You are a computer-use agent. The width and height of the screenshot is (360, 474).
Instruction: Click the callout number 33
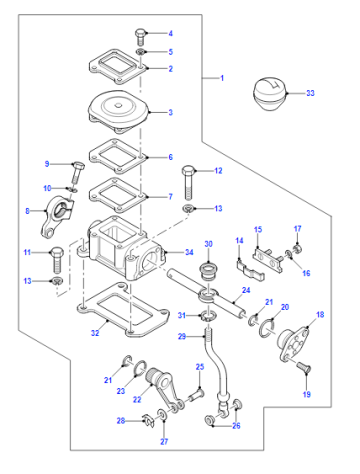coord(310,93)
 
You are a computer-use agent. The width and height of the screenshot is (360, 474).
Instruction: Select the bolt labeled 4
coord(140,37)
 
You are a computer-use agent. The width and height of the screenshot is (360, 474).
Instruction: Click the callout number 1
coord(222,78)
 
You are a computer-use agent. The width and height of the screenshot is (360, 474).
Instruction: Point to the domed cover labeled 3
coord(118,111)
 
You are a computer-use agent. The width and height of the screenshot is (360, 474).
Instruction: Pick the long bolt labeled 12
coord(188,183)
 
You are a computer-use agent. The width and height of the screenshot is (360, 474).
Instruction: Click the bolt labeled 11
coord(57,260)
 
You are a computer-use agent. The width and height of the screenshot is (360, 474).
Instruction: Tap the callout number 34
coord(189,252)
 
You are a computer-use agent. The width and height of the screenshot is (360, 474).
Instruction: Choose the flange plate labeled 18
coord(293,343)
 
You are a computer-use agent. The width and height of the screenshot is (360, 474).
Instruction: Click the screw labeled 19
coord(303,368)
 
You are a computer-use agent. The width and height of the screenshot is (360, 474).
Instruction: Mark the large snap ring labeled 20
coord(268,328)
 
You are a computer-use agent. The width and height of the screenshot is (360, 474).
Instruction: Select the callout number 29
coord(182,336)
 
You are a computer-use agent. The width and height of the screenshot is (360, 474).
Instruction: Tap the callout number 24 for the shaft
coord(246,290)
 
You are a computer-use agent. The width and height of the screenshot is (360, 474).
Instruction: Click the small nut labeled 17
coord(296,248)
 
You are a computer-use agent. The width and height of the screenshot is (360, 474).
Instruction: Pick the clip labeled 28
coord(148,421)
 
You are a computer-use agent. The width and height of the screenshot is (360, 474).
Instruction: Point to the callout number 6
coord(170,157)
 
